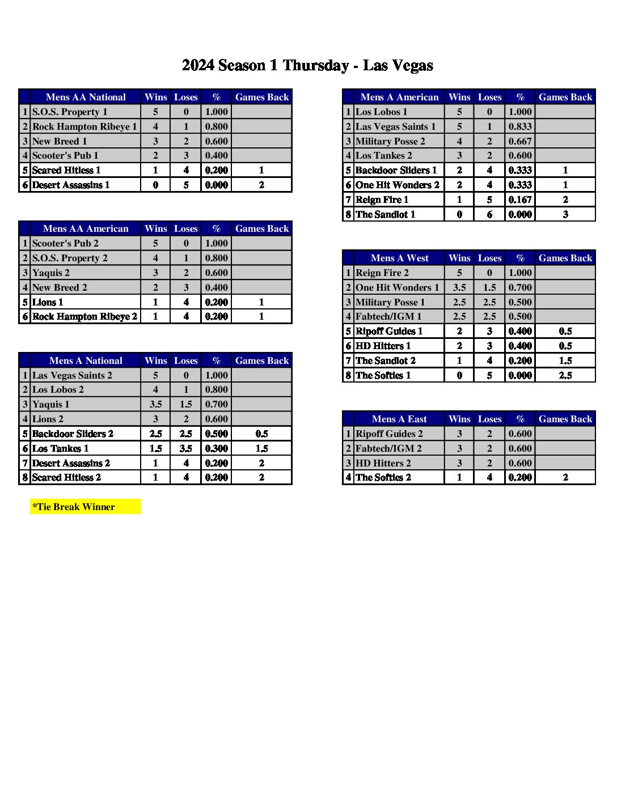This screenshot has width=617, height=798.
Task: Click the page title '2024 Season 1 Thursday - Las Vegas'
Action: (307, 66)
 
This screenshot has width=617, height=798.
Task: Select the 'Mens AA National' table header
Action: (86, 97)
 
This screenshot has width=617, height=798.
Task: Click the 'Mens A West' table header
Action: (399, 258)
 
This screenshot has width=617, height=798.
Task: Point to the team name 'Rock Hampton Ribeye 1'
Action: (84, 126)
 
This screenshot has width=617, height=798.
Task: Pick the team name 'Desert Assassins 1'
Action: (71, 185)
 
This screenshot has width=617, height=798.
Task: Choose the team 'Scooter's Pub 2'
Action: (65, 243)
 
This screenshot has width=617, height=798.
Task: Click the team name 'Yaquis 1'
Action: (51, 404)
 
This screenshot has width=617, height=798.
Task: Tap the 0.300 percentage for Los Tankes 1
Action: (216, 448)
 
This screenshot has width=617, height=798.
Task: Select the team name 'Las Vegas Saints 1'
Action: (395, 126)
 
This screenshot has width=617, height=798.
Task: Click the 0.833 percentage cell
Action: (520, 126)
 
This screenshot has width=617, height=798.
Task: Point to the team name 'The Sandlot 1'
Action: (385, 214)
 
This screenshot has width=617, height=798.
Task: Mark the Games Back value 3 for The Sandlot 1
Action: (565, 214)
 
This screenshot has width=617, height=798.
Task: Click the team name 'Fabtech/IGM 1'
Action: (388, 316)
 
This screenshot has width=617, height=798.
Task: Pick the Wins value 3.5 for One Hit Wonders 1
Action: (459, 287)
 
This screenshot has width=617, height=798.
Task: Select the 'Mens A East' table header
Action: (399, 419)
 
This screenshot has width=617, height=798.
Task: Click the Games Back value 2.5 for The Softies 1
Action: (565, 375)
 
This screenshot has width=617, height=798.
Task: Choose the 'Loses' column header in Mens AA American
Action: (185, 228)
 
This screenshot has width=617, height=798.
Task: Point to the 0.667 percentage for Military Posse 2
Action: (520, 141)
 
